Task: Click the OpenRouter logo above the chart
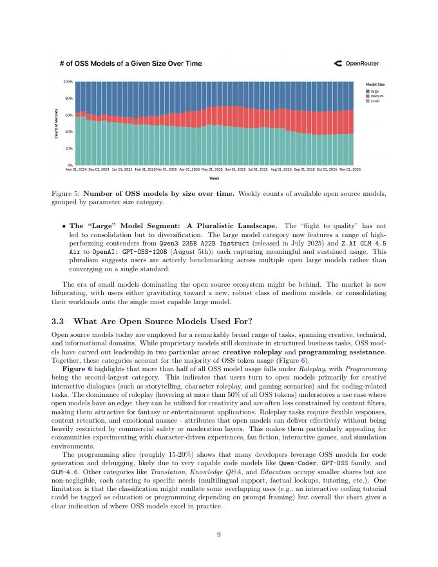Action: pos(356,64)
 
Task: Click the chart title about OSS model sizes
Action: pos(130,64)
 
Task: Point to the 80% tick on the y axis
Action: pos(68,99)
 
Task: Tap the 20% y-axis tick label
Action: pos(68,148)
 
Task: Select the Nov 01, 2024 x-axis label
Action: pos(76,169)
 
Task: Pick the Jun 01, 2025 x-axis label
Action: pos(235,169)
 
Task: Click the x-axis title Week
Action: pos(214,178)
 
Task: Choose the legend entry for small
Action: pos(374,101)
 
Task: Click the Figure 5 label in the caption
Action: pos(66,193)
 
